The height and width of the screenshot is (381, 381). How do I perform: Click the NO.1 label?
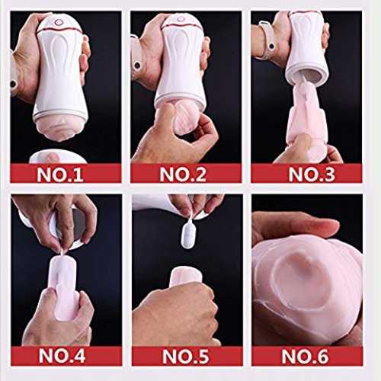coord(60,174)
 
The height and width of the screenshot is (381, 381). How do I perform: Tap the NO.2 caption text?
coord(183,174)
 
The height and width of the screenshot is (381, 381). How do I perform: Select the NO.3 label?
coord(312,174)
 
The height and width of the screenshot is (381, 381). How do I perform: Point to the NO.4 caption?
coord(62,355)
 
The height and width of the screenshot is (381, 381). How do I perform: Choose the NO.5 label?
coord(185,356)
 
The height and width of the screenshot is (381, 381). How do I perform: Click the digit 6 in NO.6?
coord(322,356)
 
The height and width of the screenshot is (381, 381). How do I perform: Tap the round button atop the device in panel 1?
coord(59,22)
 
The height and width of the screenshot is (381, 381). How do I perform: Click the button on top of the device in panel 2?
coord(181,19)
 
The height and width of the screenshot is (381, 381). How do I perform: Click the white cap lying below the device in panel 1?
coord(58,157)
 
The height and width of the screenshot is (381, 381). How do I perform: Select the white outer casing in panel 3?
coord(306,46)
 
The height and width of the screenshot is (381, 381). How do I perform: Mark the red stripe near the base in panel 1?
coord(60,117)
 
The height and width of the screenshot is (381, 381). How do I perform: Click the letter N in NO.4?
coord(45,355)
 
